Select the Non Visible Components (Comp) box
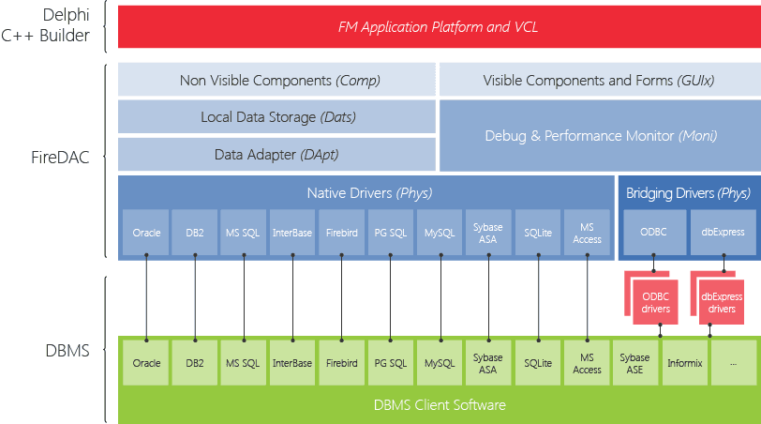tap(276, 81)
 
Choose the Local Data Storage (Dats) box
tap(276, 117)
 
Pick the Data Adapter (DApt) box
tap(276, 154)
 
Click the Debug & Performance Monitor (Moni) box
tap(600, 136)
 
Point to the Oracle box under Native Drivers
tap(146, 233)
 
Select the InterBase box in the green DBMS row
tap(292, 363)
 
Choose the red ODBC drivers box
tap(656, 303)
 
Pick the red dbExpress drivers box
tap(722, 303)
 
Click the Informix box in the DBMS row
tap(685, 363)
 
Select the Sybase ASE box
tap(635, 363)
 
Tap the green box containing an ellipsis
tap(734, 363)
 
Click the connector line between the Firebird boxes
tap(341, 297)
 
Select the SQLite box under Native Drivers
tap(538, 233)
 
